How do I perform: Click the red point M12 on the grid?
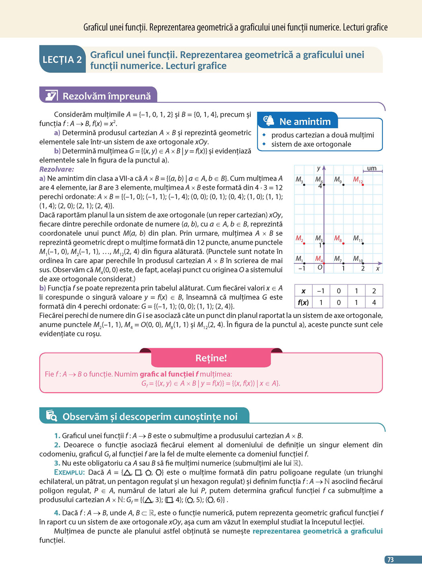click(x=363, y=185)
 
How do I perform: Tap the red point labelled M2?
click(x=304, y=243)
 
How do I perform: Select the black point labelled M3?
click(x=304, y=185)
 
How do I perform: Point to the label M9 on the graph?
click(x=338, y=179)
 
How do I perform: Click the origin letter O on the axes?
click(x=320, y=268)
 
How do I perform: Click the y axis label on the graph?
click(x=319, y=169)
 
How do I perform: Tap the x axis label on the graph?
click(x=377, y=268)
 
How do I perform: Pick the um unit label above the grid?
click(x=372, y=168)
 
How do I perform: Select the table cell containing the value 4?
click(x=374, y=302)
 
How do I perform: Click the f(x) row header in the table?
click(x=303, y=302)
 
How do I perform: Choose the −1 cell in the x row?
click(x=321, y=291)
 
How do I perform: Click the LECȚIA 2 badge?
click(x=62, y=60)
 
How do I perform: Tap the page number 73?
click(x=390, y=560)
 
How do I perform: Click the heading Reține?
click(x=211, y=358)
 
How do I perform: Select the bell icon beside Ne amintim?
click(x=268, y=121)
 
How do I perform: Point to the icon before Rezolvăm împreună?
click(x=51, y=95)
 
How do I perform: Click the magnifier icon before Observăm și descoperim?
click(x=51, y=416)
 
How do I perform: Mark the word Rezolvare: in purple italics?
click(x=57, y=169)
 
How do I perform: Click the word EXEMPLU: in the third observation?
click(x=69, y=472)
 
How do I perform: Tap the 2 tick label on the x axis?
click(x=363, y=268)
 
